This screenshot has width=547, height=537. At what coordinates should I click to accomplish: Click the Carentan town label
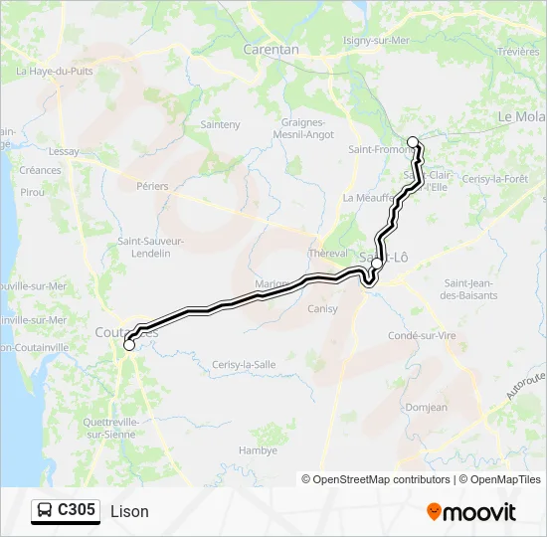pos(271,48)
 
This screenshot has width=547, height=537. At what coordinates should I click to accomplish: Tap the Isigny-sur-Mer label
pos(373,41)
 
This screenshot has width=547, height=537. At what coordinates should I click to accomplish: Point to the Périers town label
pos(153,186)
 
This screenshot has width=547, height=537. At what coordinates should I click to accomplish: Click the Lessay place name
pos(63,152)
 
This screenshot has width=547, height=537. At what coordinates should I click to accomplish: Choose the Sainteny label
pos(221,124)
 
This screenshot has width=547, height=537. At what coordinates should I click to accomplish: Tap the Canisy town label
pos(322,308)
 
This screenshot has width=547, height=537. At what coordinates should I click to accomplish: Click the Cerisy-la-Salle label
pos(244,364)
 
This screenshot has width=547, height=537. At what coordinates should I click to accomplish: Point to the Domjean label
pos(428,407)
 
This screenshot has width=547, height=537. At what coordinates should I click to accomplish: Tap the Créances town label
pos(40,170)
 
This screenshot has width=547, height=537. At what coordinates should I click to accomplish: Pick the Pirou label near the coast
pos(32,191)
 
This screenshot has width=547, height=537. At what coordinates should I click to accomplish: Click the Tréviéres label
pos(517,51)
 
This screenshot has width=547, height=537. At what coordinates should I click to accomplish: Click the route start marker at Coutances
pos(129,345)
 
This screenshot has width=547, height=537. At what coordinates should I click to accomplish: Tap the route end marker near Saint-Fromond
pos(413,142)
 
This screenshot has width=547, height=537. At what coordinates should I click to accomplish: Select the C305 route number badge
pos(67,510)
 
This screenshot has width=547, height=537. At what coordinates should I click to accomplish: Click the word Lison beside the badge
pos(129,511)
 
